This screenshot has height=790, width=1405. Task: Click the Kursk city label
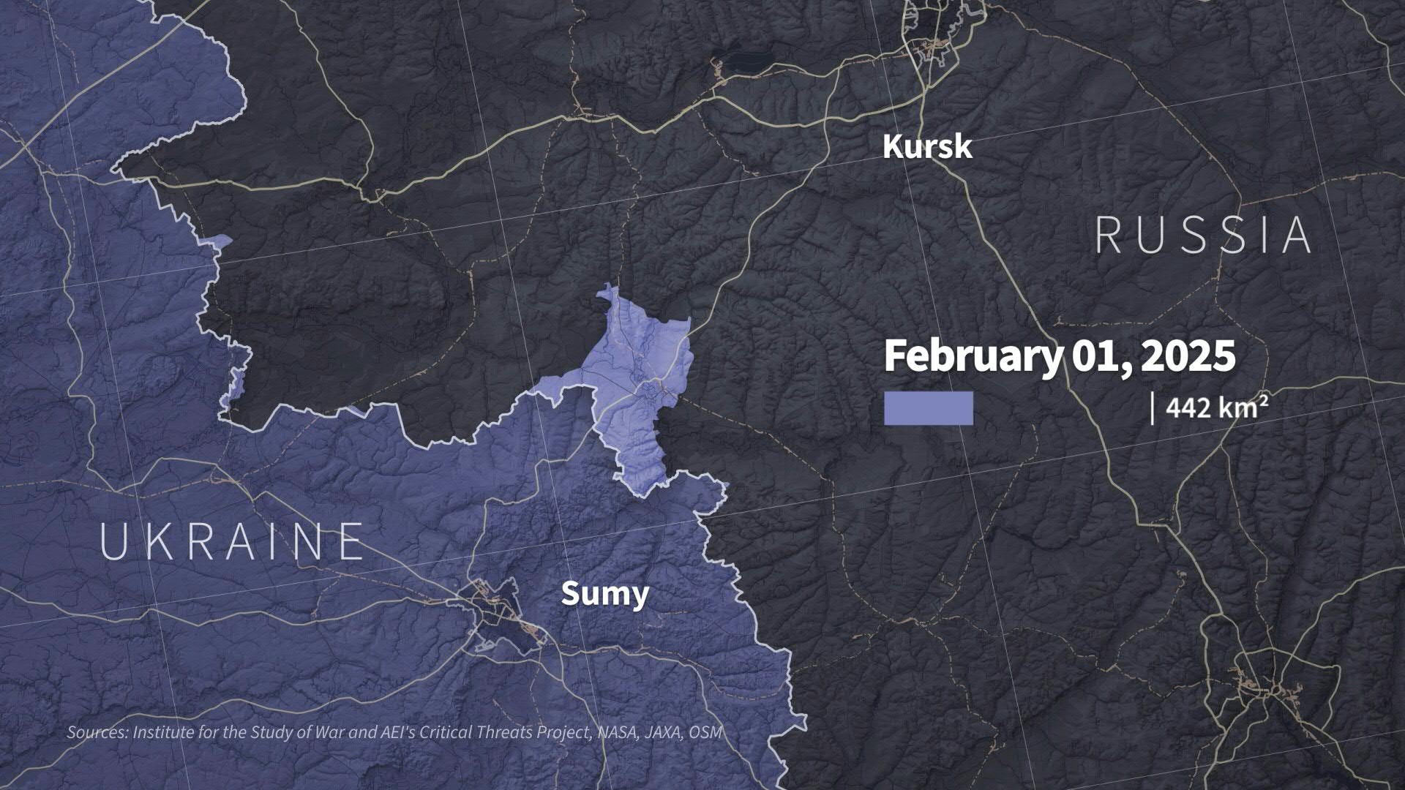927,147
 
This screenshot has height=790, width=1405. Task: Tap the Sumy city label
604,594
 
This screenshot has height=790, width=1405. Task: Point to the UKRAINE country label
231,542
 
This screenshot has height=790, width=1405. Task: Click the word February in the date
972,356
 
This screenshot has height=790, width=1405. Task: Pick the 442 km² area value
1217,407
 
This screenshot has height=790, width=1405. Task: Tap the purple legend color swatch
929,408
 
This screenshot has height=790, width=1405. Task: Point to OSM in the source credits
705,732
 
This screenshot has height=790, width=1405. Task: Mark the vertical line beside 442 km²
1153,408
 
